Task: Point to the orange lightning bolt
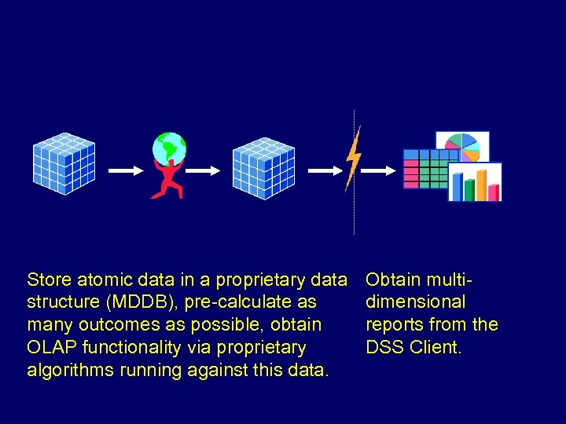pos(353,157)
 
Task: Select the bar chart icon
pos(476,183)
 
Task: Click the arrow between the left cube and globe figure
pos(121,169)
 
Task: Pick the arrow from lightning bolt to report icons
pos(382,169)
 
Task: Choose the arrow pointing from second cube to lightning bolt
pos(322,169)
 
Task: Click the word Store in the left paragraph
pos(49,280)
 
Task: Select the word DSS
pos(384,347)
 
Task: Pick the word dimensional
pos(416,302)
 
